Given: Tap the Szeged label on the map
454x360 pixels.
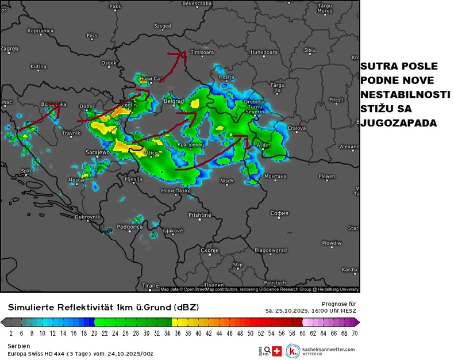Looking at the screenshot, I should pyautogui.click(x=163, y=26).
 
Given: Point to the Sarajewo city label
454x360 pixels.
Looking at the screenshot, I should pyautogui.click(x=97, y=152).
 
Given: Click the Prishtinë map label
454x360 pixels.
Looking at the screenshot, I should pyautogui.click(x=200, y=215).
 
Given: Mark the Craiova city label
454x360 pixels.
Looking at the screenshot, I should pyautogui.click(x=297, y=128).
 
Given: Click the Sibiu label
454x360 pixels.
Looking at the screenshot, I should pyautogui.click(x=310, y=50).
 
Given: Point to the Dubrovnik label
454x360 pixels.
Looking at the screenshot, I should pyautogui.click(x=87, y=217).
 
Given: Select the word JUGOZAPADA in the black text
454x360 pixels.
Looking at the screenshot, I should pyautogui.click(x=398, y=122).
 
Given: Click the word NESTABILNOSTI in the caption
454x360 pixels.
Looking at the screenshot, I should pyautogui.click(x=405, y=94).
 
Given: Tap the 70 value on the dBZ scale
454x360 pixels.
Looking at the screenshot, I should pyautogui.click(x=355, y=333).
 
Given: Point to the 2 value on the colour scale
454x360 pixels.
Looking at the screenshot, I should pyautogui.click(x=11, y=333).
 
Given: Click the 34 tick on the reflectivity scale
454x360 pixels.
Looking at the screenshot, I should pyautogui.click(x=167, y=333).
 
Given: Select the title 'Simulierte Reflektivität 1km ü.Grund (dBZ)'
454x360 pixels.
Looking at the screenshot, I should pyautogui.click(x=103, y=308).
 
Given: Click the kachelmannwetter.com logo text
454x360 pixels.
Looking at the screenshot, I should pyautogui.click(x=329, y=349).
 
